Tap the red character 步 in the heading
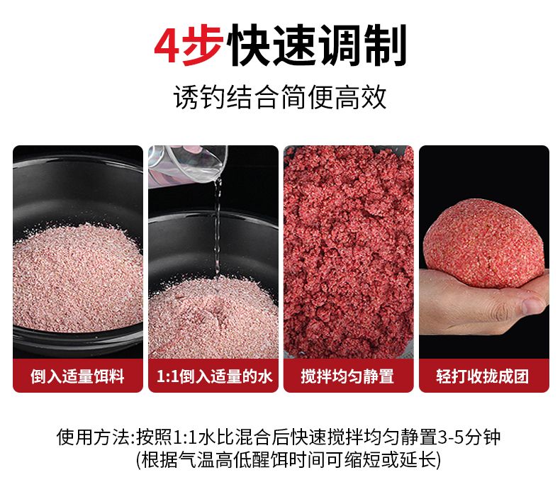tap(203, 45)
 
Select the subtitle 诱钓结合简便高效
tap(279, 97)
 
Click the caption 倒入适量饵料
tap(77, 376)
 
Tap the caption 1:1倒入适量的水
tap(214, 376)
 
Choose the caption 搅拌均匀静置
tap(347, 376)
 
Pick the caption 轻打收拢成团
tap(483, 376)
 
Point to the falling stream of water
tap(217, 228)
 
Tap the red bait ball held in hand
tap(483, 242)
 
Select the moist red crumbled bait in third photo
tap(348, 252)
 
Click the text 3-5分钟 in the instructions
tap(469, 437)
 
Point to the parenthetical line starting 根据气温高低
tap(289, 460)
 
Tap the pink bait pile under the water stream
tap(213, 317)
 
